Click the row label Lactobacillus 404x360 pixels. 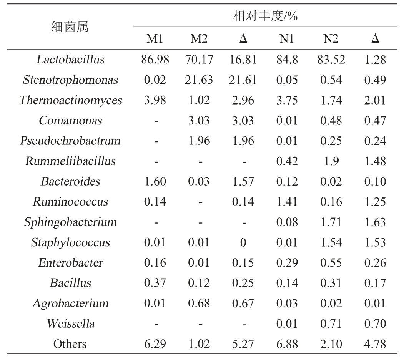[70, 60]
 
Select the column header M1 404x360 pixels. [155, 39]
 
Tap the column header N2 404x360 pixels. [331, 39]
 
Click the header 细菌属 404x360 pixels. [70, 27]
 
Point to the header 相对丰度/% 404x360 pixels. [266, 17]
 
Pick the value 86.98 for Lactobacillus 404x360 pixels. [155, 60]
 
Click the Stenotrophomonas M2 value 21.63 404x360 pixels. [199, 80]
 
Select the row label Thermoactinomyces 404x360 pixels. [70, 100]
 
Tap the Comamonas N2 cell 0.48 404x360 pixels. [331, 121]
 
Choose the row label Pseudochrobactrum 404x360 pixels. [70, 141]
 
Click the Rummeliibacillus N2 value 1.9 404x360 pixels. [331, 161]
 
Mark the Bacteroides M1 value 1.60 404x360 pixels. [155, 182]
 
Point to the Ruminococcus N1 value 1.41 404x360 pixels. [287, 202]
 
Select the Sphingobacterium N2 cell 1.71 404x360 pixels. [331, 222]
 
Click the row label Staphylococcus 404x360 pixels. [70, 242]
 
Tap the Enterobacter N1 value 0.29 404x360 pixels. [287, 263]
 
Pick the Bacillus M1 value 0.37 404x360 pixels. [155, 283]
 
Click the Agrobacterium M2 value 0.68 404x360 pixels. [199, 304]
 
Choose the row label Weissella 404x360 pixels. [70, 324]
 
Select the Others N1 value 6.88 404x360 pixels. [287, 344]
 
